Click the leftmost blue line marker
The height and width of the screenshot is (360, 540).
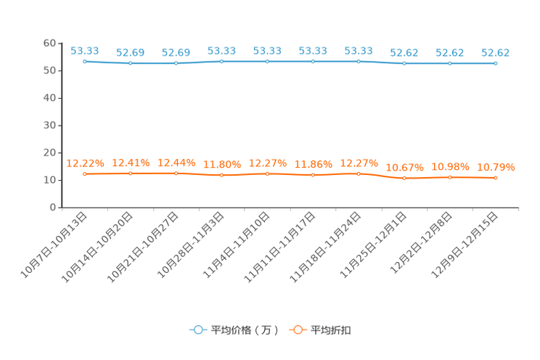coord(85,62)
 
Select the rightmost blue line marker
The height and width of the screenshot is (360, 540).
coord(496,64)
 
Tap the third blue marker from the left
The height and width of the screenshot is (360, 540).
coord(176,64)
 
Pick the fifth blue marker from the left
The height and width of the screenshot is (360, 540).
coord(268,62)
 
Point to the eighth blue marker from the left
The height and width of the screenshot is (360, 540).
coord(404,64)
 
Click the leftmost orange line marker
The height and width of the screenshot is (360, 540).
coord(85,173)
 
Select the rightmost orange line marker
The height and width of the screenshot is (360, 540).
coord(496,177)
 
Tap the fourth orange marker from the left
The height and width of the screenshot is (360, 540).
coord(222,175)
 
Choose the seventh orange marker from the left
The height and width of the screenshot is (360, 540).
coord(359,173)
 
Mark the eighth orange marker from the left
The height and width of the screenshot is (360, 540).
coord(404,178)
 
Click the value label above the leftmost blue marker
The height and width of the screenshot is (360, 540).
coord(85,50)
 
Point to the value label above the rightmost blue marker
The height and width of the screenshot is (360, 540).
coord(496,52)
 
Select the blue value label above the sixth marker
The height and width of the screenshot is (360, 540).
coord(313,50)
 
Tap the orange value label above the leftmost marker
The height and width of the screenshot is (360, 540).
coord(85,163)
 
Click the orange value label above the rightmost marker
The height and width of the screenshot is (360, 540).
coord(496,166)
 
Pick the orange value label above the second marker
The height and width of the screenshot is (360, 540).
coord(131,162)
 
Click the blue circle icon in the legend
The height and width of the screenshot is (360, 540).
coord(197,330)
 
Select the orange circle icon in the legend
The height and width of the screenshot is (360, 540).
coord(297,330)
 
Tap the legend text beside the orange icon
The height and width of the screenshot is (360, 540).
coord(331,330)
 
